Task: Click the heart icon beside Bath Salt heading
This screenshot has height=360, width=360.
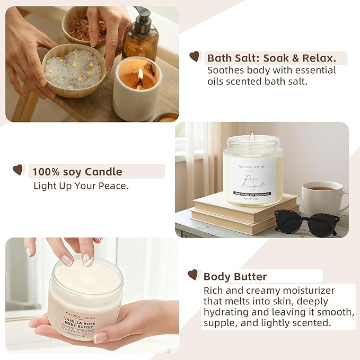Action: pyautogui.click(x=195, y=57)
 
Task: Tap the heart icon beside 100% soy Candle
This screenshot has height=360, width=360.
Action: pyautogui.click(x=18, y=170)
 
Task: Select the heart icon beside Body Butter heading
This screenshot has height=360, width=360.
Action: pyautogui.click(x=192, y=275)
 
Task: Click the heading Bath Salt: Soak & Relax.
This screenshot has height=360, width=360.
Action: pyautogui.click(x=276, y=58)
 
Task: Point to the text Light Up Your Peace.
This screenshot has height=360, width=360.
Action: pyautogui.click(x=81, y=186)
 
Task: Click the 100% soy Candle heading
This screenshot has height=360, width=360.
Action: pyautogui.click(x=77, y=171)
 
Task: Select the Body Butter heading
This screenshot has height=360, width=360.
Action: pyautogui.click(x=235, y=276)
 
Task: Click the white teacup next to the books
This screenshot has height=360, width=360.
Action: pyautogui.click(x=322, y=197)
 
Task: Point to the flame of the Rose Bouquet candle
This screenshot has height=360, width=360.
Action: pyautogui.click(x=252, y=137)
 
